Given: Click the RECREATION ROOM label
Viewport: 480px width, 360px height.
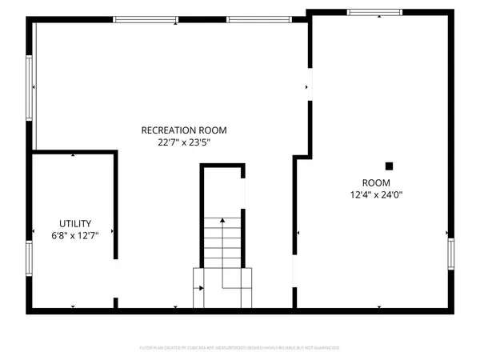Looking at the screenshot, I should click(184, 130).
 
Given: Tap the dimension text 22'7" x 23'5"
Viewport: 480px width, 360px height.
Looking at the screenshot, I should click(184, 143).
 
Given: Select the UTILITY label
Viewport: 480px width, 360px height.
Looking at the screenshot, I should click(75, 223).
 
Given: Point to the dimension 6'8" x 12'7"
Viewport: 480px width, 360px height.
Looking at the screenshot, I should click(75, 236).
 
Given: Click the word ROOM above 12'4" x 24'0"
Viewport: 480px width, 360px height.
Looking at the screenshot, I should click(375, 182).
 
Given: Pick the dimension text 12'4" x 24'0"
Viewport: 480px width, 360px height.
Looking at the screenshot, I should click(375, 194).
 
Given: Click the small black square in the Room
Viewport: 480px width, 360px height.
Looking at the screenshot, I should click(390, 166).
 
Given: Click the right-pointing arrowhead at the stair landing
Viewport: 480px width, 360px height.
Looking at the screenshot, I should click(201, 287).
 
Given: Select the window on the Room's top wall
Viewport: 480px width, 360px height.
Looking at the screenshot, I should click(374, 12).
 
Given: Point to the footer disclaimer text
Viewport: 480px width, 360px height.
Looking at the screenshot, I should click(239, 348).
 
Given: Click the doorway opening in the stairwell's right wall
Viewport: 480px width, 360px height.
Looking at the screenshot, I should click(243, 195).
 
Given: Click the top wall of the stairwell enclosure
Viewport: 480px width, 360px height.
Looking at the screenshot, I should click(222, 166).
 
